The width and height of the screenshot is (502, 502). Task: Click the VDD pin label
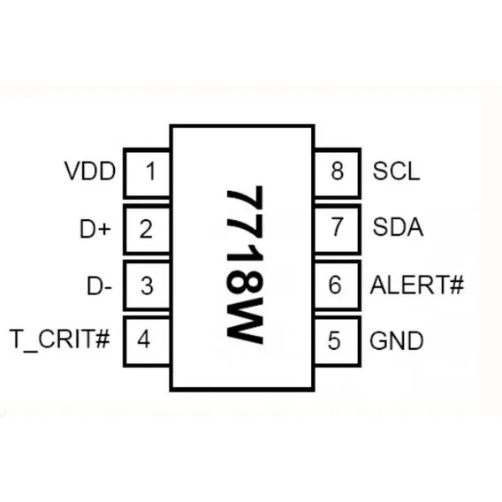pos(90,171)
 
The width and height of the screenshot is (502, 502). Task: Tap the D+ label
pos(95,229)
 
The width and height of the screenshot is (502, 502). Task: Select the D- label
pos(100,285)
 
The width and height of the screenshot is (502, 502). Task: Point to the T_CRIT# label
pos(60,339)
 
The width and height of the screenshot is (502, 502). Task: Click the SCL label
pos(396,171)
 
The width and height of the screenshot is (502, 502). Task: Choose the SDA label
pos(398,227)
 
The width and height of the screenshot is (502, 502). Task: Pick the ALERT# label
pos(417,285)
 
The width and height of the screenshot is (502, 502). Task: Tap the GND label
pos(397,340)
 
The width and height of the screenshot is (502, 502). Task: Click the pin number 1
pos(151,171)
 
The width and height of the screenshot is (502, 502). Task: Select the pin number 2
pos(146,229)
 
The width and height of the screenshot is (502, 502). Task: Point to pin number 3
pos(147,285)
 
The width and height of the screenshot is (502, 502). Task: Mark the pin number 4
pos(144,339)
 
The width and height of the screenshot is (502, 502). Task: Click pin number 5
pos(334,340)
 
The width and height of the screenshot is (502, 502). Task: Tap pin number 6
pos(335,285)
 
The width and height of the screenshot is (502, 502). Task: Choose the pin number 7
pos(337,227)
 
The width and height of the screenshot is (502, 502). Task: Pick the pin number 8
pos(338,171)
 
